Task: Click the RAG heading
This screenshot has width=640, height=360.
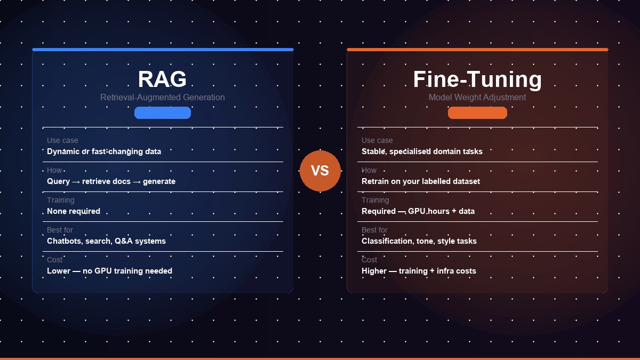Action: pyautogui.click(x=162, y=79)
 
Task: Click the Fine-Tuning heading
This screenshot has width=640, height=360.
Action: pyautogui.click(x=477, y=79)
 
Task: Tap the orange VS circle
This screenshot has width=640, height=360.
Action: pyautogui.click(x=320, y=171)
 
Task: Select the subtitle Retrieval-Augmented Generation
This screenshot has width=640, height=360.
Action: pyautogui.click(x=162, y=98)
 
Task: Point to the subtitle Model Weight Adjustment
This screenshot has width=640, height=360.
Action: pyautogui.click(x=477, y=98)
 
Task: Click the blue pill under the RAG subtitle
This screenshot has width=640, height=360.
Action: pyautogui.click(x=163, y=113)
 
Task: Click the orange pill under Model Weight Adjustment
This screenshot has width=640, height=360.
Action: pyautogui.click(x=477, y=113)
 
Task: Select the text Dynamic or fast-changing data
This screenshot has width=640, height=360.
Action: pyautogui.click(x=104, y=151)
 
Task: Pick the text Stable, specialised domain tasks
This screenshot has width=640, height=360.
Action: pyautogui.click(x=422, y=151)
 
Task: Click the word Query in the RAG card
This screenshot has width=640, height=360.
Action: pyautogui.click(x=58, y=181)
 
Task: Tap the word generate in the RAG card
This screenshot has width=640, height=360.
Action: pyautogui.click(x=159, y=181)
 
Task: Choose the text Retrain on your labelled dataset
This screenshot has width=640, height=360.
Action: pyautogui.click(x=421, y=181)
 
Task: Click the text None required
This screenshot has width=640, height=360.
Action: pyautogui.click(x=74, y=211)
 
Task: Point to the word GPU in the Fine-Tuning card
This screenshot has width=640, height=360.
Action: pyautogui.click(x=417, y=211)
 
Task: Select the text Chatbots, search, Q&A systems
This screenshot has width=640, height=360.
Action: pyautogui.click(x=106, y=241)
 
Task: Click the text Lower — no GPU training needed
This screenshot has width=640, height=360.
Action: pyautogui.click(x=109, y=271)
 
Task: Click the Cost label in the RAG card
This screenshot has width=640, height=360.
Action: pyautogui.click(x=54, y=260)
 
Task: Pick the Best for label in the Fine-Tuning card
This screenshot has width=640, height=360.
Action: pyautogui.click(x=374, y=230)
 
